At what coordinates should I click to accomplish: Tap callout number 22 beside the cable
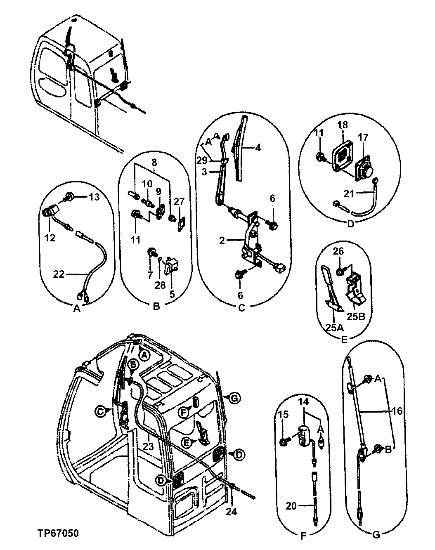pyautogui.click(x=59, y=273)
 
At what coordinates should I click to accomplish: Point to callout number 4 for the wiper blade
pyautogui.click(x=258, y=147)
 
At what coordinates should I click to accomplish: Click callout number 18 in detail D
pyautogui.click(x=343, y=125)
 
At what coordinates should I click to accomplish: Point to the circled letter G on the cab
pyautogui.click(x=234, y=398)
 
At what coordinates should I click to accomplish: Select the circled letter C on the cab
pyautogui.click(x=100, y=411)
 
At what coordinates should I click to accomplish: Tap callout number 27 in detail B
pyautogui.click(x=178, y=202)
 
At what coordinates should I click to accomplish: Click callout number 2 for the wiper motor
pyautogui.click(x=223, y=240)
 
